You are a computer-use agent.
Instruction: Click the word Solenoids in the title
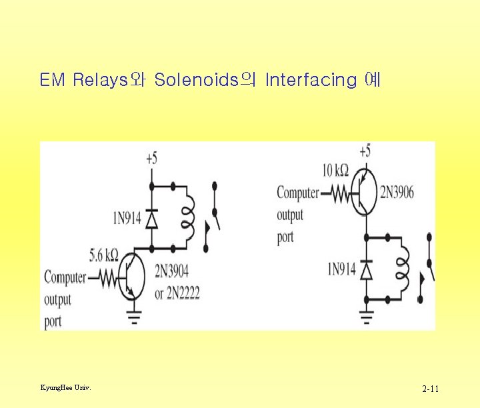[x=196, y=81]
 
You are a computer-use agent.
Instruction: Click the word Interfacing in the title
[x=311, y=81]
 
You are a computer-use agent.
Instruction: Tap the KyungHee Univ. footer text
[x=66, y=387]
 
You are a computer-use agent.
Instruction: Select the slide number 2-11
[x=430, y=389]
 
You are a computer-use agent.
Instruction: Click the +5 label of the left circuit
[x=151, y=158]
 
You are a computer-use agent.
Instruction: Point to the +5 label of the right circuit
[x=365, y=151]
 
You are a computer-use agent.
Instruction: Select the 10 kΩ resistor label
[x=335, y=171]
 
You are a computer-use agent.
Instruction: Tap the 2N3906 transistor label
[x=397, y=193]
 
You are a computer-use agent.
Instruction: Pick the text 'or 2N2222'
[x=177, y=293]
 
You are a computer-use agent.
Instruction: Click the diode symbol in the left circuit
[x=151, y=217]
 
